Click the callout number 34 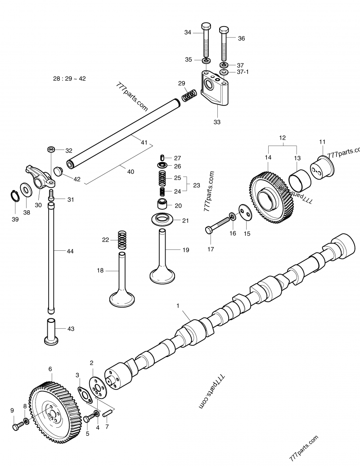[x=188, y=32]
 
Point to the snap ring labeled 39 [x=14, y=195]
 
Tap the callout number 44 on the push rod [x=70, y=251]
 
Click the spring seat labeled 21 [x=163, y=221]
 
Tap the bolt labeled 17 [x=219, y=223]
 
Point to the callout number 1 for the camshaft [x=178, y=306]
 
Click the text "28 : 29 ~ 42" [x=69, y=78]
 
